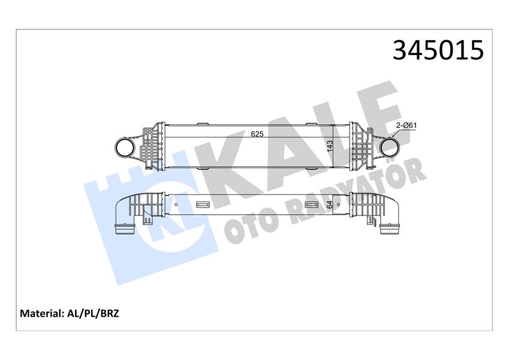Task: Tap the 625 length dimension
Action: (257, 134)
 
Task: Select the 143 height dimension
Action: (329, 146)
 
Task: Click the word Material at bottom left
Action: (41, 313)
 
